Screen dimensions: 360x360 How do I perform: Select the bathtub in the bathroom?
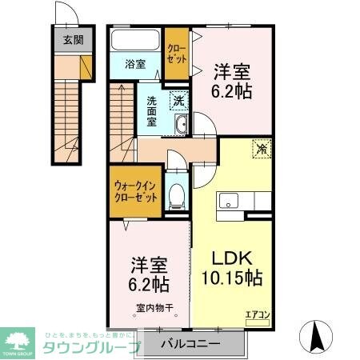[x=135, y=42]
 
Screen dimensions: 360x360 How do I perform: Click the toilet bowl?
[x=178, y=194]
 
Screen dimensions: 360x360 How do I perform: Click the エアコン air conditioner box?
[x=258, y=314]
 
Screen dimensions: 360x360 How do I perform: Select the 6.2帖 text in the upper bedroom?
[x=233, y=91]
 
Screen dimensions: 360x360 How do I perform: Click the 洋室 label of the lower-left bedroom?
[x=149, y=265]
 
